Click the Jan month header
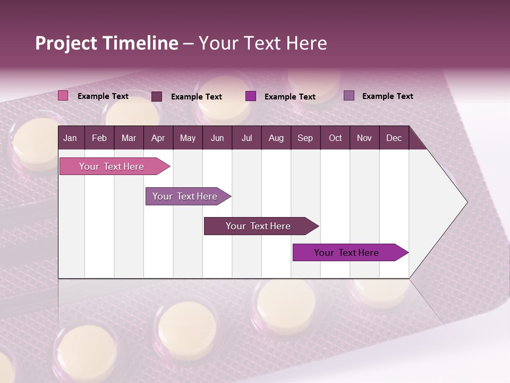[70, 138]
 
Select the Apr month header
[158, 138]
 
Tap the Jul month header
[246, 138]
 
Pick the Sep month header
[305, 138]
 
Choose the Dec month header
[394, 138]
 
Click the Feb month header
[99, 138]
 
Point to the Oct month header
[335, 138]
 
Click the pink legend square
[63, 96]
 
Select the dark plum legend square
[157, 96]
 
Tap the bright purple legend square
[251, 96]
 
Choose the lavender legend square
[349, 96]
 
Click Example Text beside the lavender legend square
[387, 96]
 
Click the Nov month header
[364, 138]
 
